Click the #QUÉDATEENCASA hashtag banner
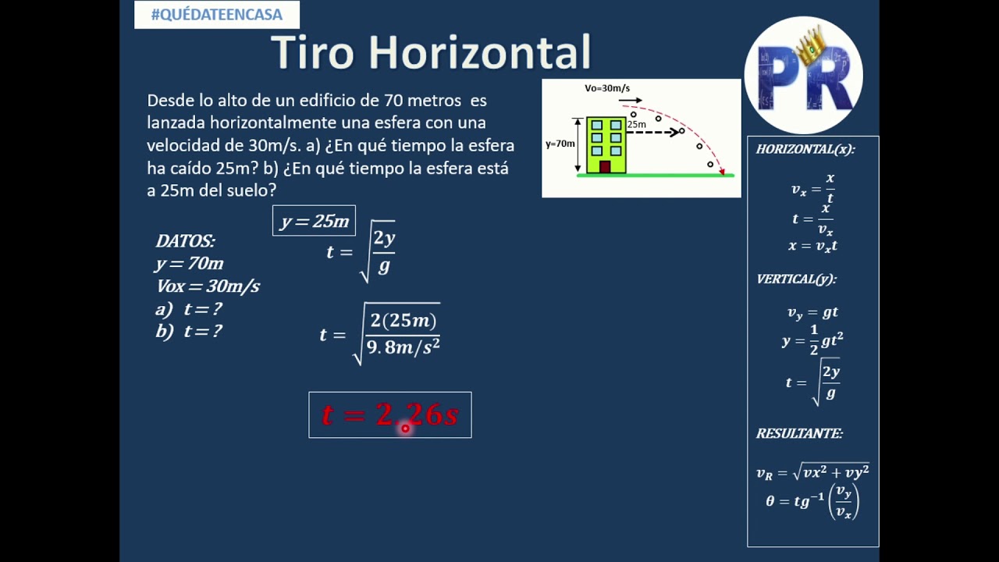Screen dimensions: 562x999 tap(217, 15)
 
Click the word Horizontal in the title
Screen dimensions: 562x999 tap(479, 53)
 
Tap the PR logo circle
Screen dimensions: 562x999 tap(803, 76)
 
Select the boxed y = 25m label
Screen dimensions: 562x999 tap(314, 221)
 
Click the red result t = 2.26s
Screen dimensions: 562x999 tap(389, 414)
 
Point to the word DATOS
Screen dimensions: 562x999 tap(185, 241)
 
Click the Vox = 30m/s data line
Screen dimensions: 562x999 tap(208, 286)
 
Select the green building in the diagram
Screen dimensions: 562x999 tap(606, 144)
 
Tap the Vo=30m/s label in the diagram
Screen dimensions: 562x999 tap(607, 88)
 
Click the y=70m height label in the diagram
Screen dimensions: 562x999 tap(560, 144)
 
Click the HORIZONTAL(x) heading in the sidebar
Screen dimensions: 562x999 tap(805, 149)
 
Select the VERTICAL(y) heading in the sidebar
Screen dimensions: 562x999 tap(796, 279)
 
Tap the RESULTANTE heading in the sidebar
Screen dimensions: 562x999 tap(799, 433)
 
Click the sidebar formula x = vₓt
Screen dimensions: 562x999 tap(812, 246)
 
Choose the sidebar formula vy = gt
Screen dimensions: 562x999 tap(812, 312)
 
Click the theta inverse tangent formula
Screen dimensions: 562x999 tap(812, 501)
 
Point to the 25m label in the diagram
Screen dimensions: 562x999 tap(636, 124)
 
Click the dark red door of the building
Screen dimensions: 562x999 tap(605, 166)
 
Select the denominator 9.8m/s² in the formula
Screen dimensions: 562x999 tap(403, 348)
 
